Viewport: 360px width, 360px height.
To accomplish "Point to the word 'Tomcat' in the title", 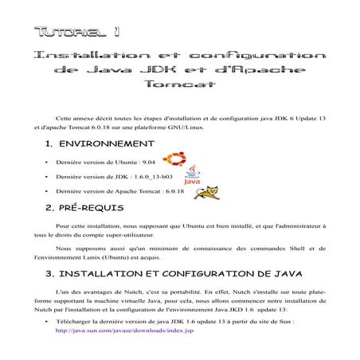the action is pos(180,84).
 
